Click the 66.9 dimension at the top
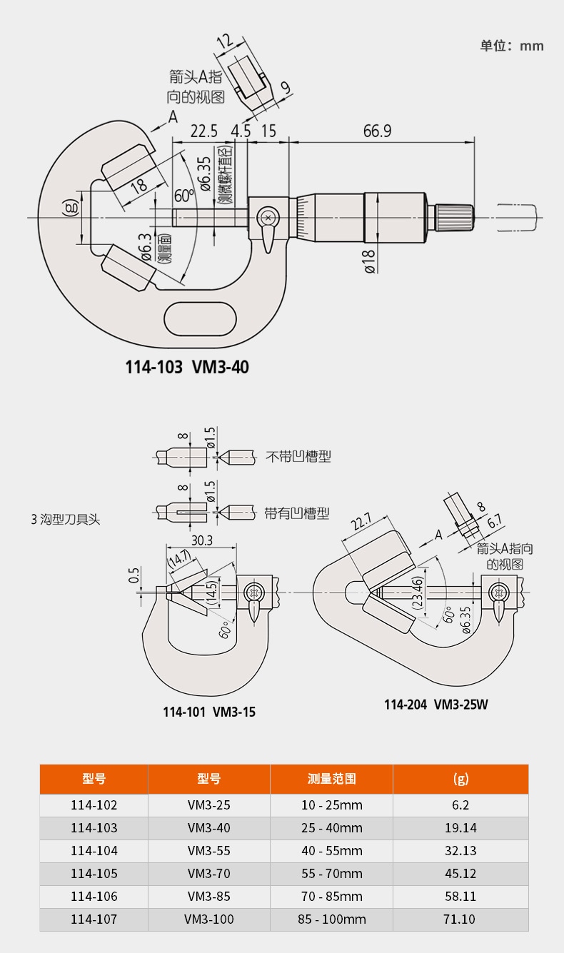[378, 131]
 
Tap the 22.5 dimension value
[203, 131]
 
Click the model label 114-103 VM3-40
[187, 367]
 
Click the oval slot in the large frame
[201, 316]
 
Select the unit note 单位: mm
[511, 46]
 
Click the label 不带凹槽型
[298, 456]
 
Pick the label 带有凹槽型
[296, 513]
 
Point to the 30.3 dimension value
[201, 540]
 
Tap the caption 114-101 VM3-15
[208, 712]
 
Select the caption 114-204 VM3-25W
[435, 705]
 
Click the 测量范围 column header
[331, 779]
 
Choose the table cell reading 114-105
[94, 873]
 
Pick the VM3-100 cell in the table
[208, 919]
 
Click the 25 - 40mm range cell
[331, 828]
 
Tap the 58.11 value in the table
[460, 896]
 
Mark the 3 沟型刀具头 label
[65, 520]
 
